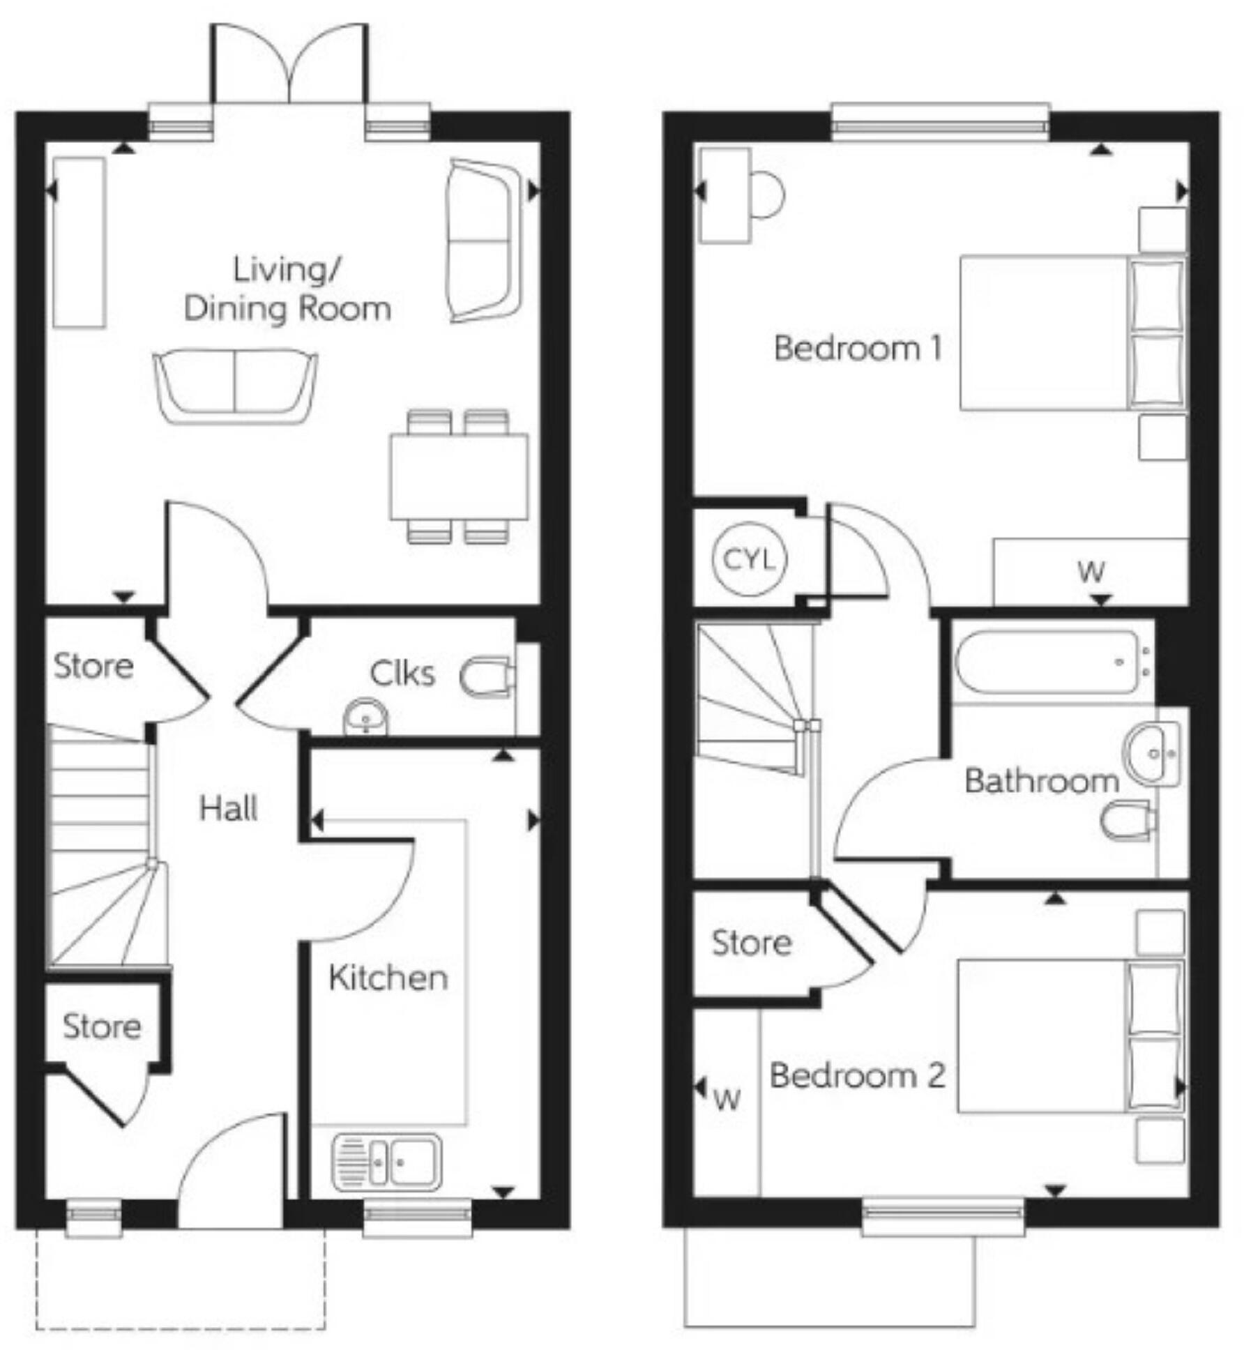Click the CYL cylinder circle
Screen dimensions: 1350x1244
point(749,559)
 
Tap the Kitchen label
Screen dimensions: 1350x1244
point(388,978)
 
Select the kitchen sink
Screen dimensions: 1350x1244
point(387,1162)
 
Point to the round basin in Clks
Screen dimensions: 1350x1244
point(366,716)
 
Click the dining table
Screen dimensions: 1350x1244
point(459,477)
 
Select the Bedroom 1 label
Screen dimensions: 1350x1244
point(858,348)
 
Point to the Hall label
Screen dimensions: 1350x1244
point(228,809)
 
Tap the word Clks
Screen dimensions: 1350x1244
point(402,674)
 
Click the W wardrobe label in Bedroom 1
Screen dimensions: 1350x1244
point(1091,572)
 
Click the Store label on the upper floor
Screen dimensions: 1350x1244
point(751,943)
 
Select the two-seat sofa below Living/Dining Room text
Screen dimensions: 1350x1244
point(236,386)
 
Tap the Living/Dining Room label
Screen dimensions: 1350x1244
point(287,289)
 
